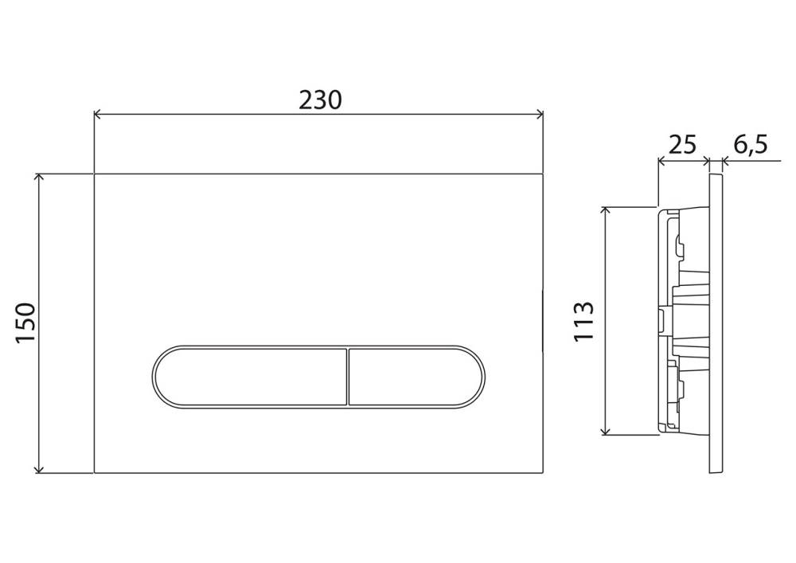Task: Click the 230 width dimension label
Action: [x=320, y=100]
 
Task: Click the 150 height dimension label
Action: [x=27, y=322]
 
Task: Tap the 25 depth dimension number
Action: [x=682, y=145]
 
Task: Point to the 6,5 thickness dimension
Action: [x=750, y=145]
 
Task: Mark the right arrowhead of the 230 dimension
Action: [x=540, y=115]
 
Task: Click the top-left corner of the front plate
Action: [x=95, y=173]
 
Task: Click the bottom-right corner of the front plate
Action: [x=544, y=473]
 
